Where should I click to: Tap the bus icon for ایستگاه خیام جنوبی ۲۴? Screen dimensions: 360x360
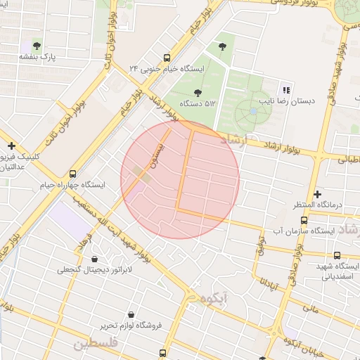pos(166,58)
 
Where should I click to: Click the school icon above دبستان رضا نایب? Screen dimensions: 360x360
pos(285,89)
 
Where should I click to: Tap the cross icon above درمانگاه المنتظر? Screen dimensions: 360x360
pos(317,193)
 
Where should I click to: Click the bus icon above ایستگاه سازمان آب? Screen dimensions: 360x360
pos(303,219)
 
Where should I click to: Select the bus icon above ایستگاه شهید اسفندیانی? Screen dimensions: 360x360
pos(337,255)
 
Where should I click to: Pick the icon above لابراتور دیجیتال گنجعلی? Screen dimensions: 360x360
pos(94,257)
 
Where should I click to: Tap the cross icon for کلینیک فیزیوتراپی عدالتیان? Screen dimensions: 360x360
pos(11,145)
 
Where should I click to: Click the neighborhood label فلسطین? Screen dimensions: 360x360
pos(91,344)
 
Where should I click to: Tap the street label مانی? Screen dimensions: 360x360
pos(311,307)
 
